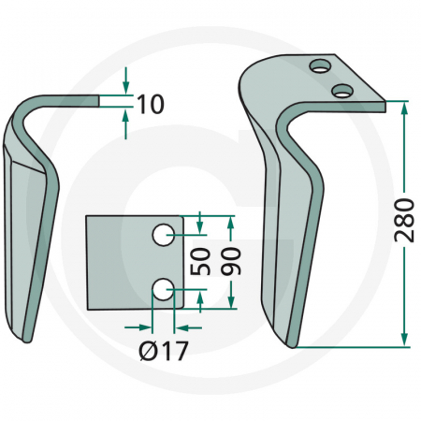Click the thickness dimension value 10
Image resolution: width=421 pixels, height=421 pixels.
click(x=150, y=103)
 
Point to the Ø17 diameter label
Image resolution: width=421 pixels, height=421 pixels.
click(x=164, y=354)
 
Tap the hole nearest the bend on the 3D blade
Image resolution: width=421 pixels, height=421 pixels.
click(x=343, y=90)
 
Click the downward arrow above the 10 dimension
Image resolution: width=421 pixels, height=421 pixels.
click(x=125, y=86)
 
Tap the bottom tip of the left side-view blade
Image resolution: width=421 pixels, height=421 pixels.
click(x=28, y=339)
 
